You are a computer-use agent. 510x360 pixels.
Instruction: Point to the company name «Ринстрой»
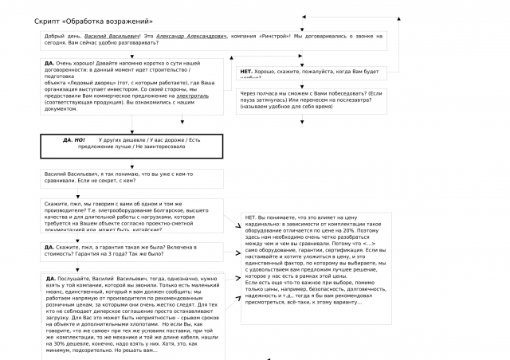click(x=277, y=37)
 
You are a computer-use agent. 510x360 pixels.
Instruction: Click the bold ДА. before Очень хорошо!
click(x=49, y=62)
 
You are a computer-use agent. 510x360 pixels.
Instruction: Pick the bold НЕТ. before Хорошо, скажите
click(x=247, y=72)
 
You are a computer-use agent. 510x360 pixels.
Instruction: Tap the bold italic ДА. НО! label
click(x=73, y=140)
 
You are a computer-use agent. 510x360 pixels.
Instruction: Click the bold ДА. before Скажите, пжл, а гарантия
click(x=49, y=247)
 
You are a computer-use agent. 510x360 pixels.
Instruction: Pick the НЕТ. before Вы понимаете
click(x=250, y=217)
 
